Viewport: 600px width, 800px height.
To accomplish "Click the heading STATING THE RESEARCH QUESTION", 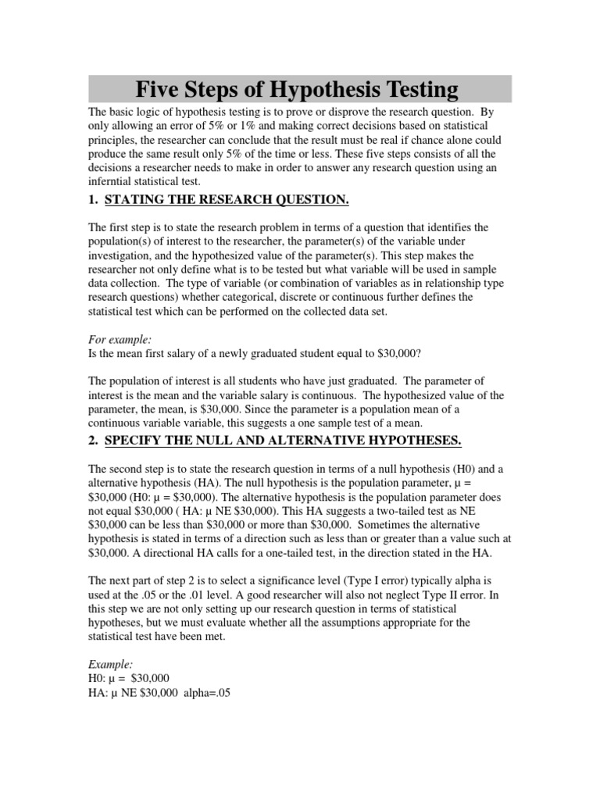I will pos(227,201).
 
